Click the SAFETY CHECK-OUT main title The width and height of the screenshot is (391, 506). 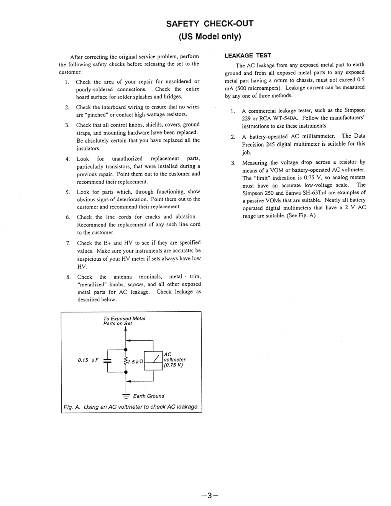[210, 24]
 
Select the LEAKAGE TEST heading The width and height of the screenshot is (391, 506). [248, 56]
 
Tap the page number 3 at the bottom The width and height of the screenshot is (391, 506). [209, 495]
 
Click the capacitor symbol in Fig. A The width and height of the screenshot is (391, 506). [108, 361]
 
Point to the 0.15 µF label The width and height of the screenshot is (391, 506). [88, 360]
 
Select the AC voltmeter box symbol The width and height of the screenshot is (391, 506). [153, 360]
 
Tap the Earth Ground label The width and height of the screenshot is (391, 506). [148, 396]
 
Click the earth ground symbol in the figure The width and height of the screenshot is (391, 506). [126, 396]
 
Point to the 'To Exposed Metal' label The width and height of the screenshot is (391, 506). [124, 319]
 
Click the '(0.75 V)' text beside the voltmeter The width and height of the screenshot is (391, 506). [173, 365]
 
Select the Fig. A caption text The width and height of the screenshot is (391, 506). [131, 407]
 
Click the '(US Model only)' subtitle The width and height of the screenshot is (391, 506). [210, 37]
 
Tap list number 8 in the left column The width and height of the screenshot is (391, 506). [68, 277]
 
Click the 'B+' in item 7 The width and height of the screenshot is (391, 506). [107, 243]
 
